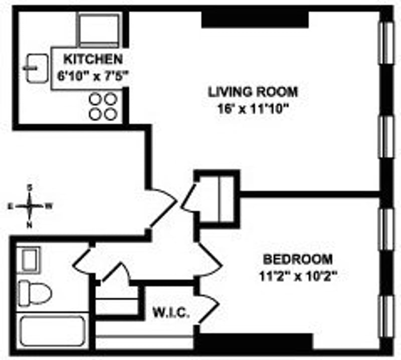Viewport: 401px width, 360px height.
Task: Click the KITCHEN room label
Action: pyautogui.click(x=93, y=59)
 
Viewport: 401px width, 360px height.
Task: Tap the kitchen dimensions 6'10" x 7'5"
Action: pyautogui.click(x=92, y=76)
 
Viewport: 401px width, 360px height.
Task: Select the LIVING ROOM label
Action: pyautogui.click(x=253, y=92)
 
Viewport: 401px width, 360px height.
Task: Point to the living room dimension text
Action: pyautogui.click(x=253, y=109)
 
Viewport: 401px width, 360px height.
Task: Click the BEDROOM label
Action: pyautogui.click(x=298, y=259)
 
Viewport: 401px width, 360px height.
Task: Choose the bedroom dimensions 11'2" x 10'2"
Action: pyautogui.click(x=298, y=276)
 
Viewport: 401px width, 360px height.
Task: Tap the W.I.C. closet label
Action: pyautogui.click(x=171, y=312)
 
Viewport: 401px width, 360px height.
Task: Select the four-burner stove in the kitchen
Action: pyautogui.click(x=103, y=107)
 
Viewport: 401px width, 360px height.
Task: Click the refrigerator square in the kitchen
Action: pyautogui.click(x=99, y=30)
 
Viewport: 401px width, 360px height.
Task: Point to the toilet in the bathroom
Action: pyautogui.click(x=35, y=293)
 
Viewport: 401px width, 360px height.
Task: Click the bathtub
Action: pyautogui.click(x=53, y=331)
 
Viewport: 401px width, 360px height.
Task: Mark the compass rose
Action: pyautogui.click(x=30, y=206)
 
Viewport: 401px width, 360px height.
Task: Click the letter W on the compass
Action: pyautogui.click(x=49, y=206)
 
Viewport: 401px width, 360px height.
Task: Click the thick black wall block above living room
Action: pyautogui.click(x=255, y=20)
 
